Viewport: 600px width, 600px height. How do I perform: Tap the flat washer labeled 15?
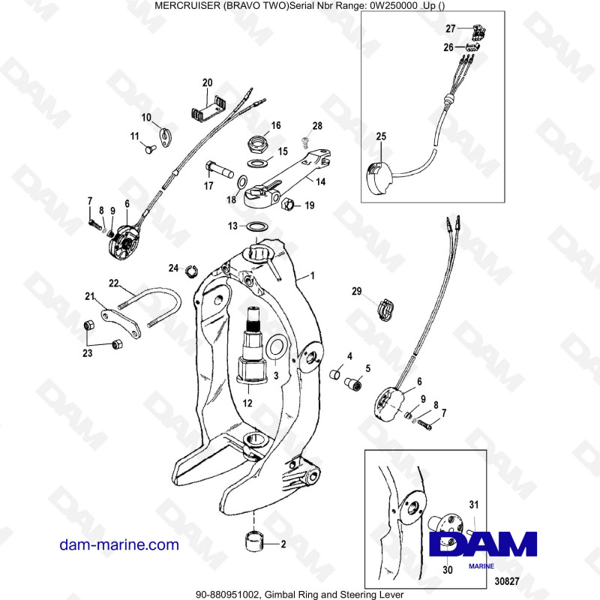coord(256,163)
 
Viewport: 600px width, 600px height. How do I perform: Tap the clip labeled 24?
coord(190,271)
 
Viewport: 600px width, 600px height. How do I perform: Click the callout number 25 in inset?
coord(381,136)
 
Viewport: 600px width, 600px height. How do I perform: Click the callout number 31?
coord(472,502)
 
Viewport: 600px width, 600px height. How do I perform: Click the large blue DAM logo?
coord(484,544)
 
